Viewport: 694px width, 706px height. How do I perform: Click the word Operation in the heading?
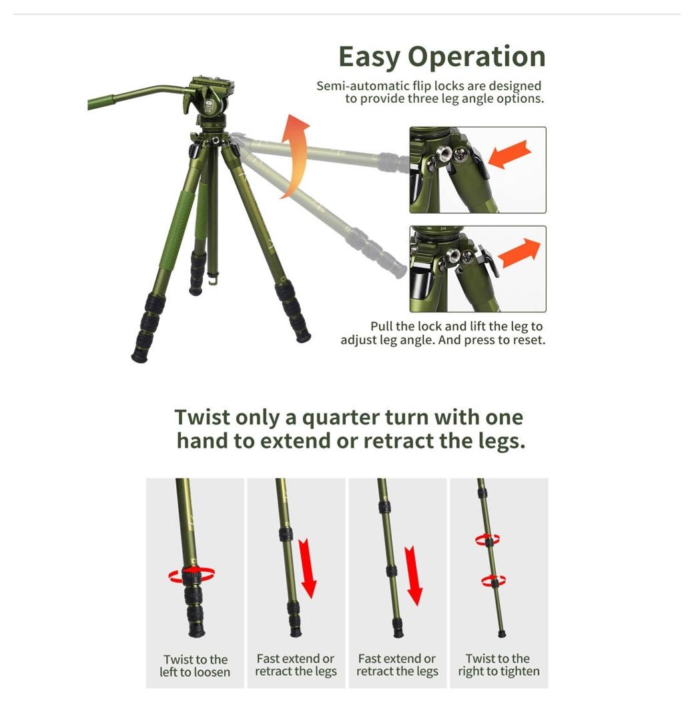[476, 57]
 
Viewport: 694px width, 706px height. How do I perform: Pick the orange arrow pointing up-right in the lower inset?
[518, 252]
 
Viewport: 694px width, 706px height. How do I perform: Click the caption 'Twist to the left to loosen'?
[195, 665]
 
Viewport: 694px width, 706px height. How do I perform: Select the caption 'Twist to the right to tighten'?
[498, 665]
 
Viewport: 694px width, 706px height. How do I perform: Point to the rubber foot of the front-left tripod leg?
[139, 356]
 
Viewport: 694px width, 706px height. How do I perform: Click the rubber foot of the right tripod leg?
[303, 336]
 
